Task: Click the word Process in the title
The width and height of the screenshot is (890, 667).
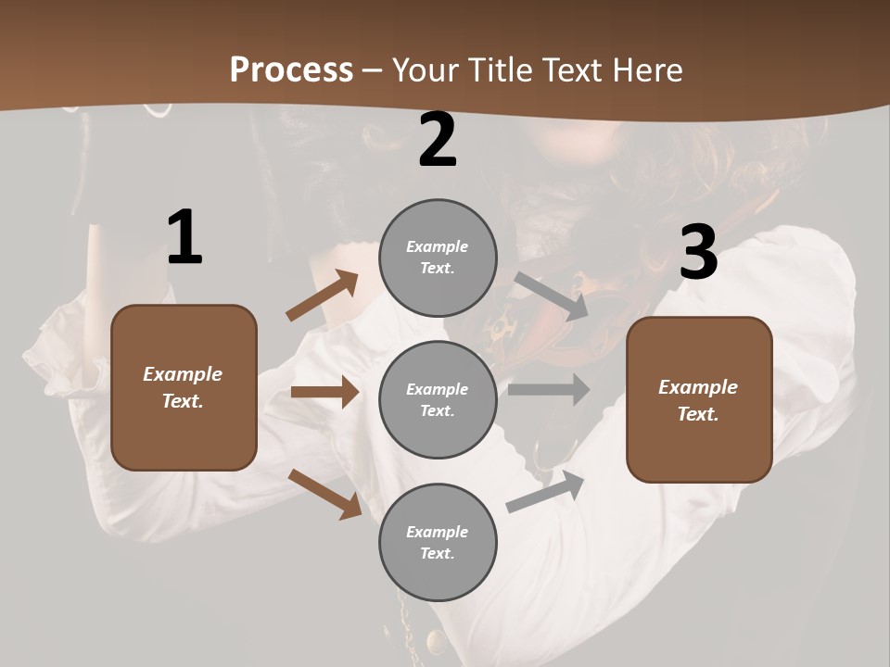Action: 291,69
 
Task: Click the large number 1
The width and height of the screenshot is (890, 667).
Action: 184,238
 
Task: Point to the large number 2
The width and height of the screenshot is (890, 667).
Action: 438,140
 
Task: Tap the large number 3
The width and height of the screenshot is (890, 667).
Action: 698,252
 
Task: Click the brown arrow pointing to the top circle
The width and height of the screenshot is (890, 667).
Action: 322,295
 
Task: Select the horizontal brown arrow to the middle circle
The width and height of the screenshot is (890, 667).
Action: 324,392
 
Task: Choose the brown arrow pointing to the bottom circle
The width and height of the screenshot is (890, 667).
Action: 324,493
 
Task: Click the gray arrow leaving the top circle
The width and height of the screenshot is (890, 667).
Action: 551,296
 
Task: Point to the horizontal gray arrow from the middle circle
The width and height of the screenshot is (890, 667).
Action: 548,389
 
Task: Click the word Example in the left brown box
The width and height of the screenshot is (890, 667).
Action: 183,374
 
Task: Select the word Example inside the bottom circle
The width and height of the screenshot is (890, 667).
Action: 437,532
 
